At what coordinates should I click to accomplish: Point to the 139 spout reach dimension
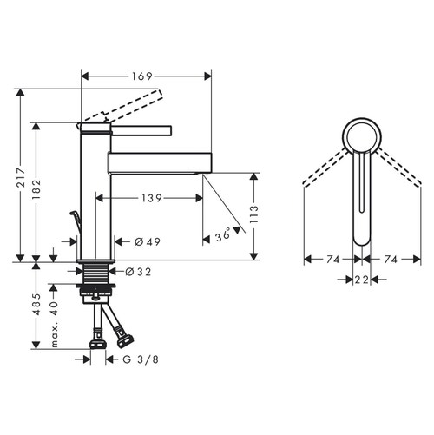click(x=152, y=199)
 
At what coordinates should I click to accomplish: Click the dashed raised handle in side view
click(x=130, y=106)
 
